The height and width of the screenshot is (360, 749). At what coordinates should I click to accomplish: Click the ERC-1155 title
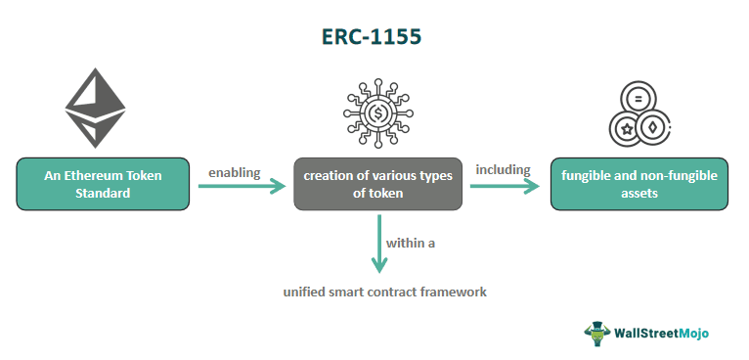[374, 36]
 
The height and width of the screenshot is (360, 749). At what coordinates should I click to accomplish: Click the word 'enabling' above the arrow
[234, 172]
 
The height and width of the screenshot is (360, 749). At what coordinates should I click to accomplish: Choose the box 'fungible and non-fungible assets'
[639, 184]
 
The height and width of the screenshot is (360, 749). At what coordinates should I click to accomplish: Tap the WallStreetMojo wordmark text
[661, 332]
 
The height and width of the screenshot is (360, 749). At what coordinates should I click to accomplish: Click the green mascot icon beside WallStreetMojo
[596, 333]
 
